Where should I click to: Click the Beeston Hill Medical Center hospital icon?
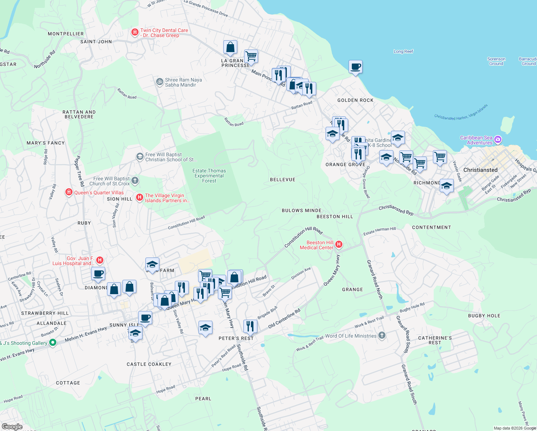point(338,245)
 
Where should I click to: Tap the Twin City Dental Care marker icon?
point(135,33)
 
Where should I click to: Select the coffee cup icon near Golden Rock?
point(355,67)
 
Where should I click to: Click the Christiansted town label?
point(480,170)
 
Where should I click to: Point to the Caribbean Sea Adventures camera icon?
point(498,139)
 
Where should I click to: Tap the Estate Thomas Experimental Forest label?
point(209,176)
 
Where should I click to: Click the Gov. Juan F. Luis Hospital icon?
point(100,260)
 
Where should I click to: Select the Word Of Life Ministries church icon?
point(382,335)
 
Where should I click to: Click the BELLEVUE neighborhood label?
point(282,180)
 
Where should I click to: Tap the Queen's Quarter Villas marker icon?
point(69,193)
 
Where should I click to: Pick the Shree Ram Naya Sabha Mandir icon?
point(159,82)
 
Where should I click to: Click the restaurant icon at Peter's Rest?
point(250,326)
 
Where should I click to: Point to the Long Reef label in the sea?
point(403,51)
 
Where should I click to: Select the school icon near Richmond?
point(446,186)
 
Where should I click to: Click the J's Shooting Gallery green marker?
point(53,343)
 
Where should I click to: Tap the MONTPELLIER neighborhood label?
point(66,34)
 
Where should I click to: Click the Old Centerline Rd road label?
point(284,319)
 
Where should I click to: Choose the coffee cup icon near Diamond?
point(98,274)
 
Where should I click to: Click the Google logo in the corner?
point(12,426)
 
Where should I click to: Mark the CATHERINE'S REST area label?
point(435,340)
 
